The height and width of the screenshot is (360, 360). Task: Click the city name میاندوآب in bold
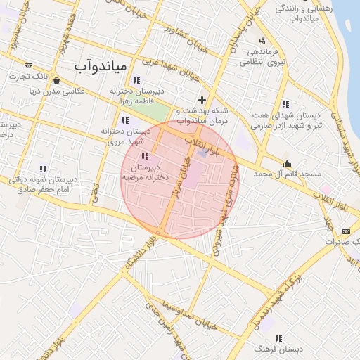(x=100, y=66)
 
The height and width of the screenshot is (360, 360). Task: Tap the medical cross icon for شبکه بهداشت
(x=202, y=100)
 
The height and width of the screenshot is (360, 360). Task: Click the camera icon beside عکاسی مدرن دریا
(x=56, y=80)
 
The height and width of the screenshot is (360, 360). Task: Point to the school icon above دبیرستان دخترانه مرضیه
(x=145, y=156)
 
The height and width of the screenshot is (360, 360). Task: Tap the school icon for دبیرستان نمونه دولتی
(x=43, y=169)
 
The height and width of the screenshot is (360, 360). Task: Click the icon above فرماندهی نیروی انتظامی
(x=262, y=40)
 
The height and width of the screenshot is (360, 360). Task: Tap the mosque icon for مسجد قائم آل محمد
(x=285, y=162)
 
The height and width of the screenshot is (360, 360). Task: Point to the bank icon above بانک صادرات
(x=345, y=231)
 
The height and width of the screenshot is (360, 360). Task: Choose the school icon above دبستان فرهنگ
(x=280, y=338)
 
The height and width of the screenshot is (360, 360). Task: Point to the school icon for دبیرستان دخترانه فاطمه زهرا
(x=136, y=81)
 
